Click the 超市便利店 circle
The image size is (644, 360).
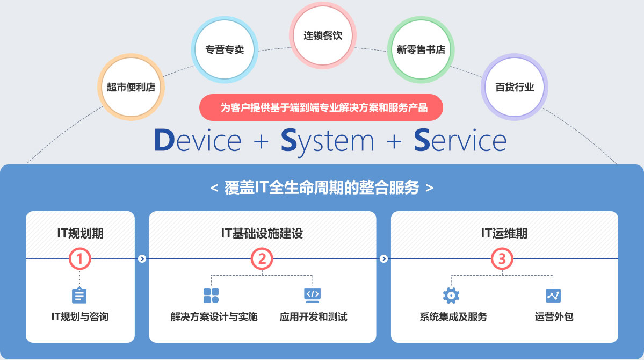[131, 87]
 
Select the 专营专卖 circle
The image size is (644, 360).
[225, 49]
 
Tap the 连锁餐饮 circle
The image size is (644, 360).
[323, 36]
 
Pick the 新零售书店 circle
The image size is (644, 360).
[421, 49]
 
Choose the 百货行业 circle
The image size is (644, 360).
[515, 87]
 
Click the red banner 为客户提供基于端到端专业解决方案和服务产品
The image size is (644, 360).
[321, 107]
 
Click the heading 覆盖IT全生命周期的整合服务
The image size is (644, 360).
[322, 188]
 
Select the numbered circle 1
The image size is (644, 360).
[80, 259]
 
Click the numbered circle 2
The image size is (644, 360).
[262, 259]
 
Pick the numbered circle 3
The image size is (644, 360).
[502, 259]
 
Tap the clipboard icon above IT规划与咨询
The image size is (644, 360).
[79, 296]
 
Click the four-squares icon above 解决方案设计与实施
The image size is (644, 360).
[211, 295]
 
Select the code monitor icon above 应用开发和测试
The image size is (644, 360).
[313, 294]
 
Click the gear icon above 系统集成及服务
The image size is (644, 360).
[451, 295]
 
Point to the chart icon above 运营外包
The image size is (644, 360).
[553, 295]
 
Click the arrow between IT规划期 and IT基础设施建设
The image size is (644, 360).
[142, 259]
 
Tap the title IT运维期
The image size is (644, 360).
[504, 233]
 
